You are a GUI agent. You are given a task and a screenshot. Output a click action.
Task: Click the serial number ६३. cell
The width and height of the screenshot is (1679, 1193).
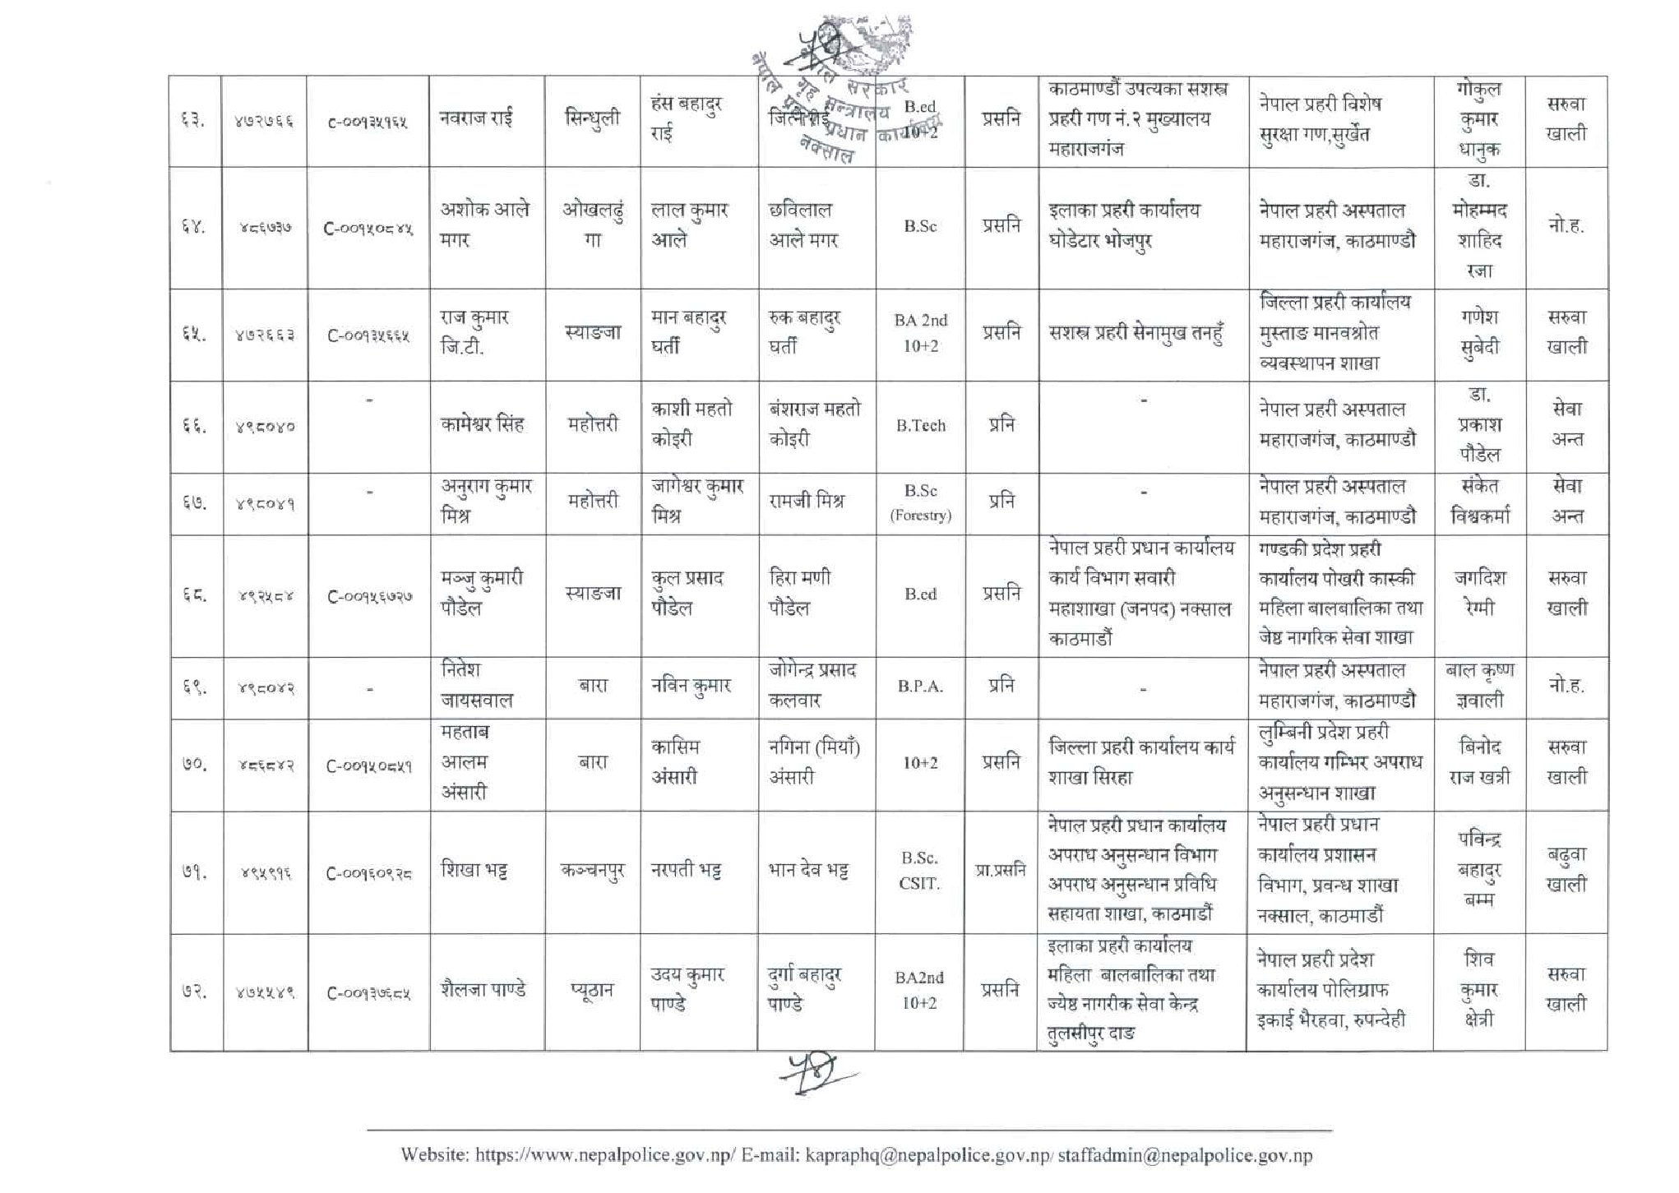(x=194, y=121)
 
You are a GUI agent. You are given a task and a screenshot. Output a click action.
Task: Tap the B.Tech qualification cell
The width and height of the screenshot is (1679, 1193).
(x=920, y=426)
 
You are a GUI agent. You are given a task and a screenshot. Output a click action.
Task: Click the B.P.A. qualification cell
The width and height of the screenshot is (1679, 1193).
(x=920, y=687)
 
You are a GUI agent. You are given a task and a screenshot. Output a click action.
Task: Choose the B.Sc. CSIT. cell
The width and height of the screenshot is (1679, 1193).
(x=919, y=871)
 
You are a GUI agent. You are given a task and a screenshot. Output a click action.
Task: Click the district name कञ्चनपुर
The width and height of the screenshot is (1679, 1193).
(x=592, y=871)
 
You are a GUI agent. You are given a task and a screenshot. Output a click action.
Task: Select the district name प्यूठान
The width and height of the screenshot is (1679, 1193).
(x=592, y=991)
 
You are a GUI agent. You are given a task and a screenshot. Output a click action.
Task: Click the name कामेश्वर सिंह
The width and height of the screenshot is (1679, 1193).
(x=482, y=425)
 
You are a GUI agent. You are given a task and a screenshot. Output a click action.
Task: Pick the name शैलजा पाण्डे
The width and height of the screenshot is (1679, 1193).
(x=483, y=990)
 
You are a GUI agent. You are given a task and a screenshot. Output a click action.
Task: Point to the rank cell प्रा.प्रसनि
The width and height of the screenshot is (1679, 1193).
(x=1001, y=871)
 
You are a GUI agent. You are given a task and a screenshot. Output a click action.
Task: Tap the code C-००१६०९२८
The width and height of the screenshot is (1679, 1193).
(x=368, y=874)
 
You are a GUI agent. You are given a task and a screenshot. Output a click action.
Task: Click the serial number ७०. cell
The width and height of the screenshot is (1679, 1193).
(x=194, y=765)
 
